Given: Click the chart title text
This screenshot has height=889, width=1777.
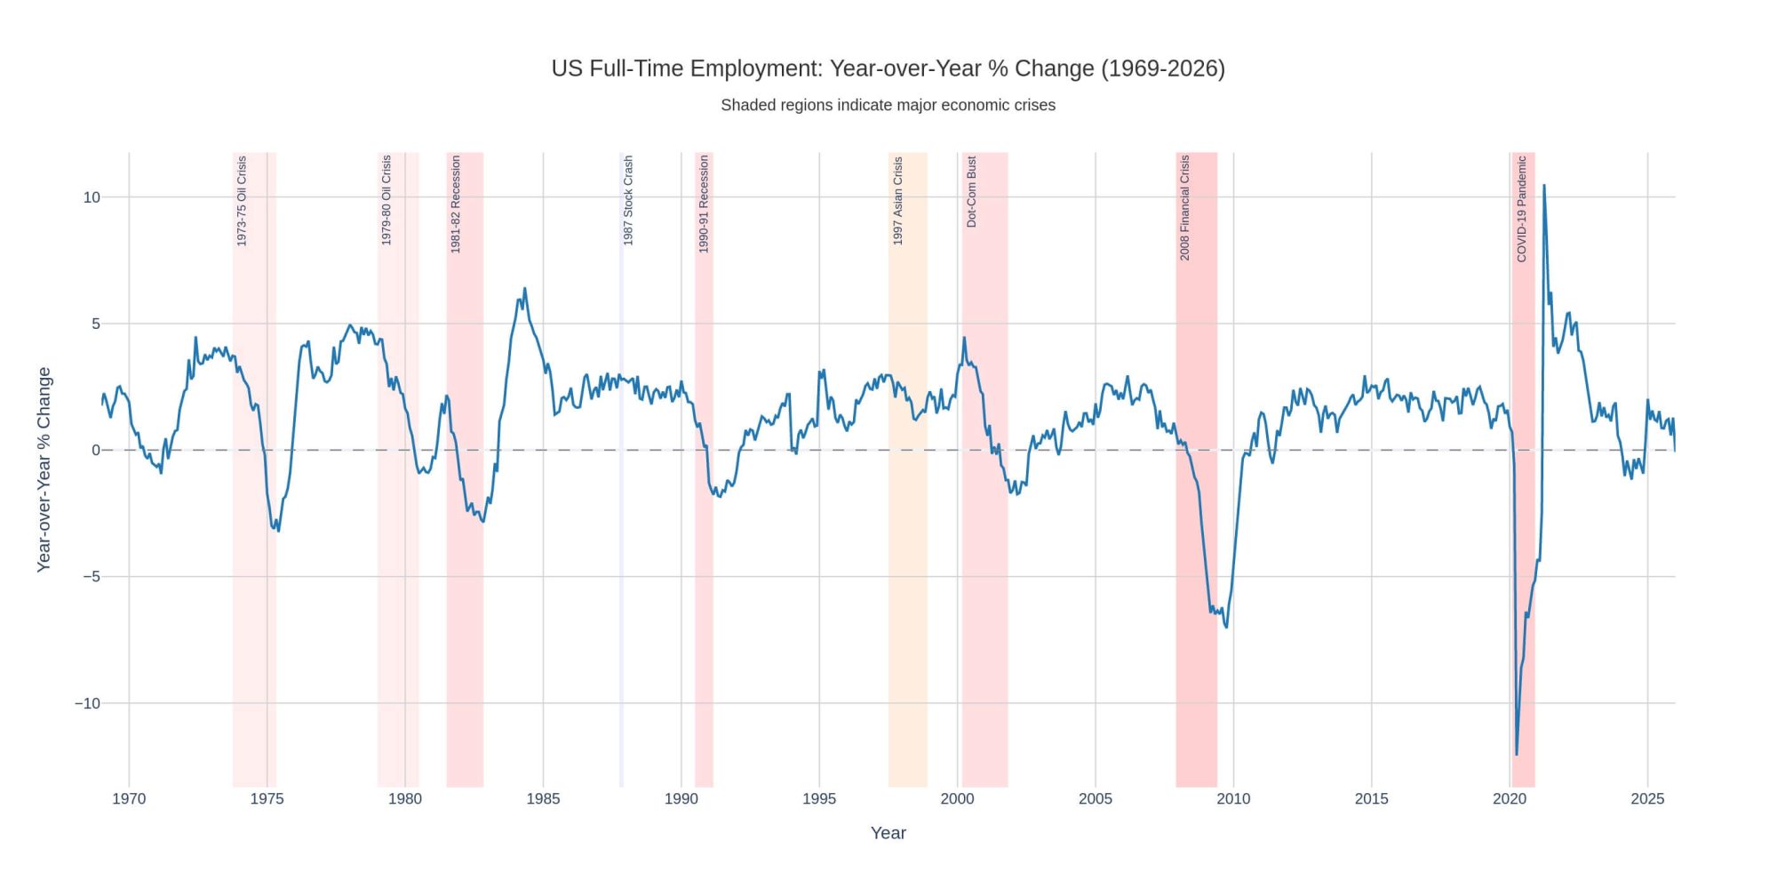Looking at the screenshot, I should pos(888,68).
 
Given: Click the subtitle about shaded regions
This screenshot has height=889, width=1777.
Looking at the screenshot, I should pos(888,105).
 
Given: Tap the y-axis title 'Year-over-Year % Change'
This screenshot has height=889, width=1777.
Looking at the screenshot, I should pos(44,469).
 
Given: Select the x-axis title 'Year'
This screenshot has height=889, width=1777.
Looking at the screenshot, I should pos(888,833).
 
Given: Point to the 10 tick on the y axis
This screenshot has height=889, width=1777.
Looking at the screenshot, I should pos(92,197).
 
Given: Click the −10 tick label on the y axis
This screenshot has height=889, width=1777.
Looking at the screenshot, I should pos(87,703).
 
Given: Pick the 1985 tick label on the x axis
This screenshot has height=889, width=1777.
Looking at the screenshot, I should pos(543,798).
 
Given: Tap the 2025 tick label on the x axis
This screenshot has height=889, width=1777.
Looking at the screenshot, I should pos(1647,798).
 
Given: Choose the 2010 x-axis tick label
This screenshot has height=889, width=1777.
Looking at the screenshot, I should pos(1233,798).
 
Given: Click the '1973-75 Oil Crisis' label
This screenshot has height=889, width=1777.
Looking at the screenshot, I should pos(242,201).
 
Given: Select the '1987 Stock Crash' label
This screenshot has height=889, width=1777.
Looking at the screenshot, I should pos(628,201).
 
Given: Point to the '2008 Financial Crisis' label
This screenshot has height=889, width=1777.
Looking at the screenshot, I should pos(1184,207).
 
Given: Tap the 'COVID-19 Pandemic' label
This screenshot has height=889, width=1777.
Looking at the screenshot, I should pos(1521,209).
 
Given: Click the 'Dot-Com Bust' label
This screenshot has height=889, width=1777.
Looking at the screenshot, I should pos(971,192).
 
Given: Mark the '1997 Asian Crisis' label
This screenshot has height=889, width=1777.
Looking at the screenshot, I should pos(897,201).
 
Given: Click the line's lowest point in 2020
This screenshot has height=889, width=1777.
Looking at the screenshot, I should pos(1517,755).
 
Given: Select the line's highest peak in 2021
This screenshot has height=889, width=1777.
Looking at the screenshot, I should pos(1543,186).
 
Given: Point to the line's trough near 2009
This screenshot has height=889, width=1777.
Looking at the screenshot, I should pos(1227,628).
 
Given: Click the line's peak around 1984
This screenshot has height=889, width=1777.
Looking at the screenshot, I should pos(525,288).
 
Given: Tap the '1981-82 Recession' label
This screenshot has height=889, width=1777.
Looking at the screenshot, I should pos(456,204).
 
